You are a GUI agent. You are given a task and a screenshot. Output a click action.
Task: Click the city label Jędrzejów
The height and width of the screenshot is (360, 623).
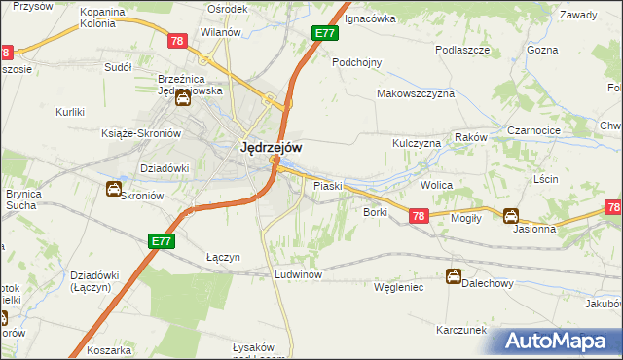click(x=270, y=148)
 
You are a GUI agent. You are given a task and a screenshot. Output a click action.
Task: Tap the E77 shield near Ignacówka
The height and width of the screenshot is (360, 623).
click(x=325, y=33)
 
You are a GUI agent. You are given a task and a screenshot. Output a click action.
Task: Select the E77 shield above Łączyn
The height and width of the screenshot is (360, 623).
click(x=162, y=238)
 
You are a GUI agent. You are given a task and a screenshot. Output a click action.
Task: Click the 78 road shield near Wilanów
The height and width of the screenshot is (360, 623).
click(x=177, y=41)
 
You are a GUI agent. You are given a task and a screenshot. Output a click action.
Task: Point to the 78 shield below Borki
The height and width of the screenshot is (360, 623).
click(x=418, y=217)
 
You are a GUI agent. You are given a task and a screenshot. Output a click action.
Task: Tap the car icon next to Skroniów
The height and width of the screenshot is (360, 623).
click(x=113, y=189)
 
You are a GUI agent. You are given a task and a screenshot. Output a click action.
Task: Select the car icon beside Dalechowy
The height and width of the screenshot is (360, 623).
click(x=453, y=276)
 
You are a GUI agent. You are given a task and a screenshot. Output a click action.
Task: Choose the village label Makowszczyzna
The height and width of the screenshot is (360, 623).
click(x=416, y=94)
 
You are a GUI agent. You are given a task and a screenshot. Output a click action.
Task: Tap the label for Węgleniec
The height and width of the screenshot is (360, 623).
click(x=399, y=287)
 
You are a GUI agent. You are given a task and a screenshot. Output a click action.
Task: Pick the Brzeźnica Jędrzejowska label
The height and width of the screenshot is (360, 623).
click(x=191, y=85)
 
